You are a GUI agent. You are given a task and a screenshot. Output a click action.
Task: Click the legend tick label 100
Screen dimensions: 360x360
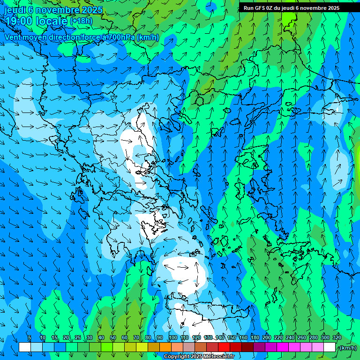click(173, 337)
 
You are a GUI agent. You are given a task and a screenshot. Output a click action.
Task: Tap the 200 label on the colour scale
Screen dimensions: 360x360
click(267, 337)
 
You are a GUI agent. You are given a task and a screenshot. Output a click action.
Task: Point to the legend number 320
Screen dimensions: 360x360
click(337, 337)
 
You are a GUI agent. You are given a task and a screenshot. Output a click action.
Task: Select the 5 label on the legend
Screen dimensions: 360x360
click(30, 337)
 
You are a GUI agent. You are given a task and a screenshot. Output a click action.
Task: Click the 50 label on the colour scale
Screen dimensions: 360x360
click(113, 337)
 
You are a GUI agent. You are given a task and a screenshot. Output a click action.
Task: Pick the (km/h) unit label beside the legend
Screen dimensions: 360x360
click(347, 348)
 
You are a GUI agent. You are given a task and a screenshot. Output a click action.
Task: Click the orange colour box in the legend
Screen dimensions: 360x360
click(165, 347)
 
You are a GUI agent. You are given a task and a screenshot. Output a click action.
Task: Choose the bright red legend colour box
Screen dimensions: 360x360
click(224, 347)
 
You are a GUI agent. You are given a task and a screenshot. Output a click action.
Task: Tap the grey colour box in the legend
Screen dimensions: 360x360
click(189, 347)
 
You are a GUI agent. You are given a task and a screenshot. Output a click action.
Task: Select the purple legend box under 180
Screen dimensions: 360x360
click(259, 347)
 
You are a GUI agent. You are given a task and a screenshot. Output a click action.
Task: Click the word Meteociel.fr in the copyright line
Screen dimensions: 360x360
click(219, 357)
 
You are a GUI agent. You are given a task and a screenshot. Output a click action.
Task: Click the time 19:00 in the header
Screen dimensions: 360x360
click(18, 21)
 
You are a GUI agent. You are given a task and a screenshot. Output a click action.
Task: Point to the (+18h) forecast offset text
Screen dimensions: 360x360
click(81, 21)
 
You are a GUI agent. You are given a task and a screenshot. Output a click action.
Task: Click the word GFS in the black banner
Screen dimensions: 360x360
click(260, 8)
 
